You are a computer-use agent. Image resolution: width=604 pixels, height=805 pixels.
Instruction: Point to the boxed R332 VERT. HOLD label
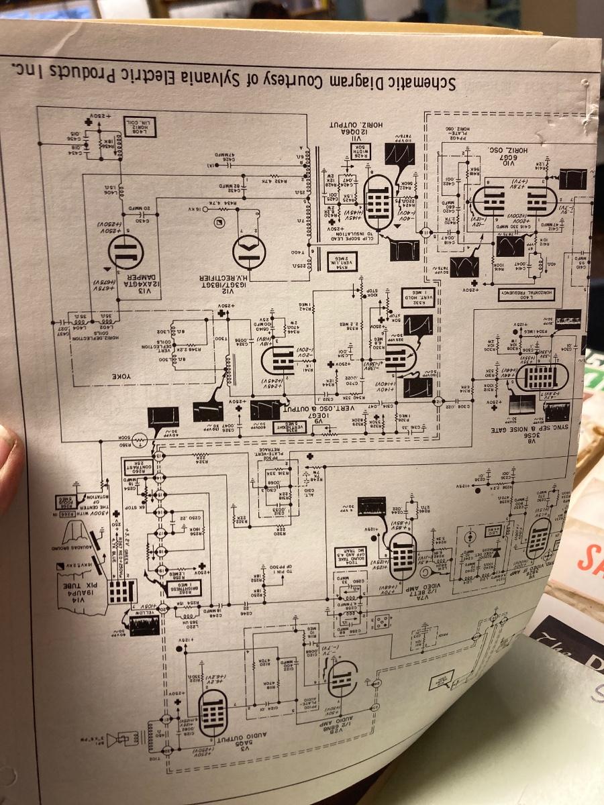[417, 294]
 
